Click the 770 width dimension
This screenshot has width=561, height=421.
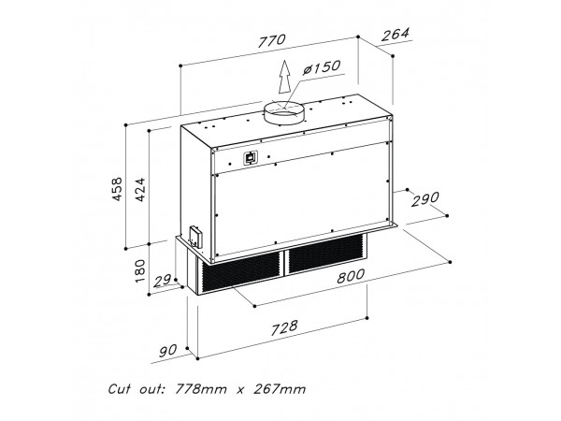click(x=272, y=41)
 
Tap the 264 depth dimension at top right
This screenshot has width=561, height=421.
click(x=395, y=35)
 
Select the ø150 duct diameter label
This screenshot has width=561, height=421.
click(x=321, y=67)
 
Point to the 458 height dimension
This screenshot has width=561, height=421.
click(x=118, y=189)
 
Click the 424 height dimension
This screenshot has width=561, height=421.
click(x=140, y=189)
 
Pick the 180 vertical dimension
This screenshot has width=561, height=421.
click(x=140, y=271)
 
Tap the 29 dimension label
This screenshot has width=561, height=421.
click(x=162, y=281)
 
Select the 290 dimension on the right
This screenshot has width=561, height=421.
click(x=424, y=199)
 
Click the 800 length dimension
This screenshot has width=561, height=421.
click(x=351, y=276)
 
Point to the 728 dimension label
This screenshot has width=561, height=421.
click(x=284, y=328)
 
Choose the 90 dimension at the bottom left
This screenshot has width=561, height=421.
click(x=167, y=351)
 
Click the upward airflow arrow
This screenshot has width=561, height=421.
click(x=284, y=77)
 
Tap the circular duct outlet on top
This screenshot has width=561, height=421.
click(x=283, y=113)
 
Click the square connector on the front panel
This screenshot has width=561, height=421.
click(x=251, y=157)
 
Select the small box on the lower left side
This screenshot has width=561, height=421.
click(x=195, y=237)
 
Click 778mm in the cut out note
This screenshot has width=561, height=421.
click(x=200, y=389)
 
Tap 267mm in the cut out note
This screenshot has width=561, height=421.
click(x=280, y=389)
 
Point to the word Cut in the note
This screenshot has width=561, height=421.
click(x=119, y=389)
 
